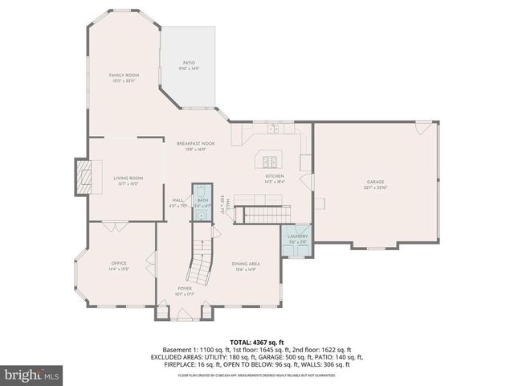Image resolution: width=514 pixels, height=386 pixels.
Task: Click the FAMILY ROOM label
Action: [x=124, y=75]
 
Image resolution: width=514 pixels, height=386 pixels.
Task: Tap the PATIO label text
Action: [x=189, y=63]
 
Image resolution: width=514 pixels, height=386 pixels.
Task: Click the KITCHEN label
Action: [x=275, y=175]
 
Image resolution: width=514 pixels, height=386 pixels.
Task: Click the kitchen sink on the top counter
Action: [x=274, y=128]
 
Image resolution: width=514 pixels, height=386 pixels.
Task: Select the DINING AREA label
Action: [x=245, y=264]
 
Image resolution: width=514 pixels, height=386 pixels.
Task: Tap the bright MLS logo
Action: [x=32, y=375]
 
